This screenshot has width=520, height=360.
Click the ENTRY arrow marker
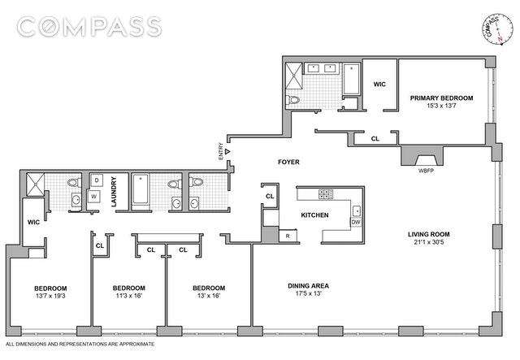coord(227,151)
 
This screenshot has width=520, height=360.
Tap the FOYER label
coord(288,162)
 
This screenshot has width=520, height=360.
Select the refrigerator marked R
coord(288,236)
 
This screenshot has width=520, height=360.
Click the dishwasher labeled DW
coord(356,222)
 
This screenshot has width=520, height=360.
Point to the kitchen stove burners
coord(326,194)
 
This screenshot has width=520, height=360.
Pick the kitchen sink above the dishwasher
coord(357,210)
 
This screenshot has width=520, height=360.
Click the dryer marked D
coord(97,180)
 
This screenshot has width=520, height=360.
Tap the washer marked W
coord(94,197)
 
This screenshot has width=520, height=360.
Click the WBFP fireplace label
coord(426,171)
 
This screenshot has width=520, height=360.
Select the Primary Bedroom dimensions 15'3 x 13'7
coord(441,106)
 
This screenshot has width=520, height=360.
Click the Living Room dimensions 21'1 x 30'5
coord(429,242)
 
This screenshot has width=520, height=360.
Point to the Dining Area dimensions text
coord(309,293)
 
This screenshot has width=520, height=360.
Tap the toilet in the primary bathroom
coord(292,99)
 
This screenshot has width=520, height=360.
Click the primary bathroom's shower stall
coord(294,76)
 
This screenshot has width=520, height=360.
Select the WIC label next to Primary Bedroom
coord(379,85)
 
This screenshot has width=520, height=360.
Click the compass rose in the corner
coord(496,29)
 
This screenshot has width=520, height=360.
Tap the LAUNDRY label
coord(114,192)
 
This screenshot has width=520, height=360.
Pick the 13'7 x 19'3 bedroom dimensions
coord(50,296)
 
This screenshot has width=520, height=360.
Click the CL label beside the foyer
coord(270,196)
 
